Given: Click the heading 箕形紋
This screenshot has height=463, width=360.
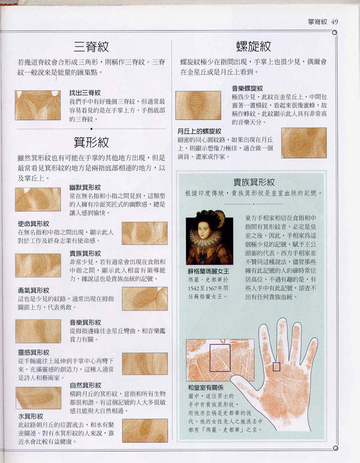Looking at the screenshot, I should (91, 142).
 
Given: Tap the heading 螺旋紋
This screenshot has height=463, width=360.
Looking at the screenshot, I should (253, 46).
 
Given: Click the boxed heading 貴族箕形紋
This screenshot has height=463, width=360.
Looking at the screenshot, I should (254, 182).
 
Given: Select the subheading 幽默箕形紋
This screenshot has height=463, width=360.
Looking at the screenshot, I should (85, 187).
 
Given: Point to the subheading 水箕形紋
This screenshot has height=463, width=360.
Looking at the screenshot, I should (29, 416).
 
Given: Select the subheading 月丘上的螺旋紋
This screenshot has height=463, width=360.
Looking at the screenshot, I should (199, 131).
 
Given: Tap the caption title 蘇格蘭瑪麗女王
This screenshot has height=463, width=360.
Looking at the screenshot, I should (209, 271).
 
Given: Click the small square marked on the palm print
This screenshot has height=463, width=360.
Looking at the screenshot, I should (277, 366).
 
